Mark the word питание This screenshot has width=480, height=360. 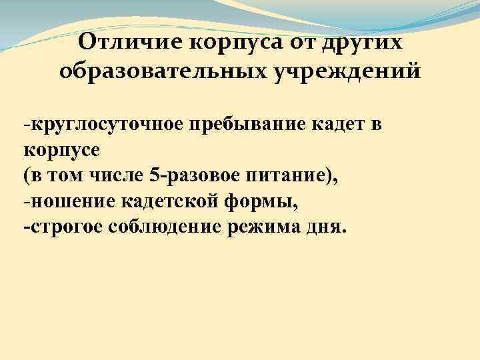click(290, 175)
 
